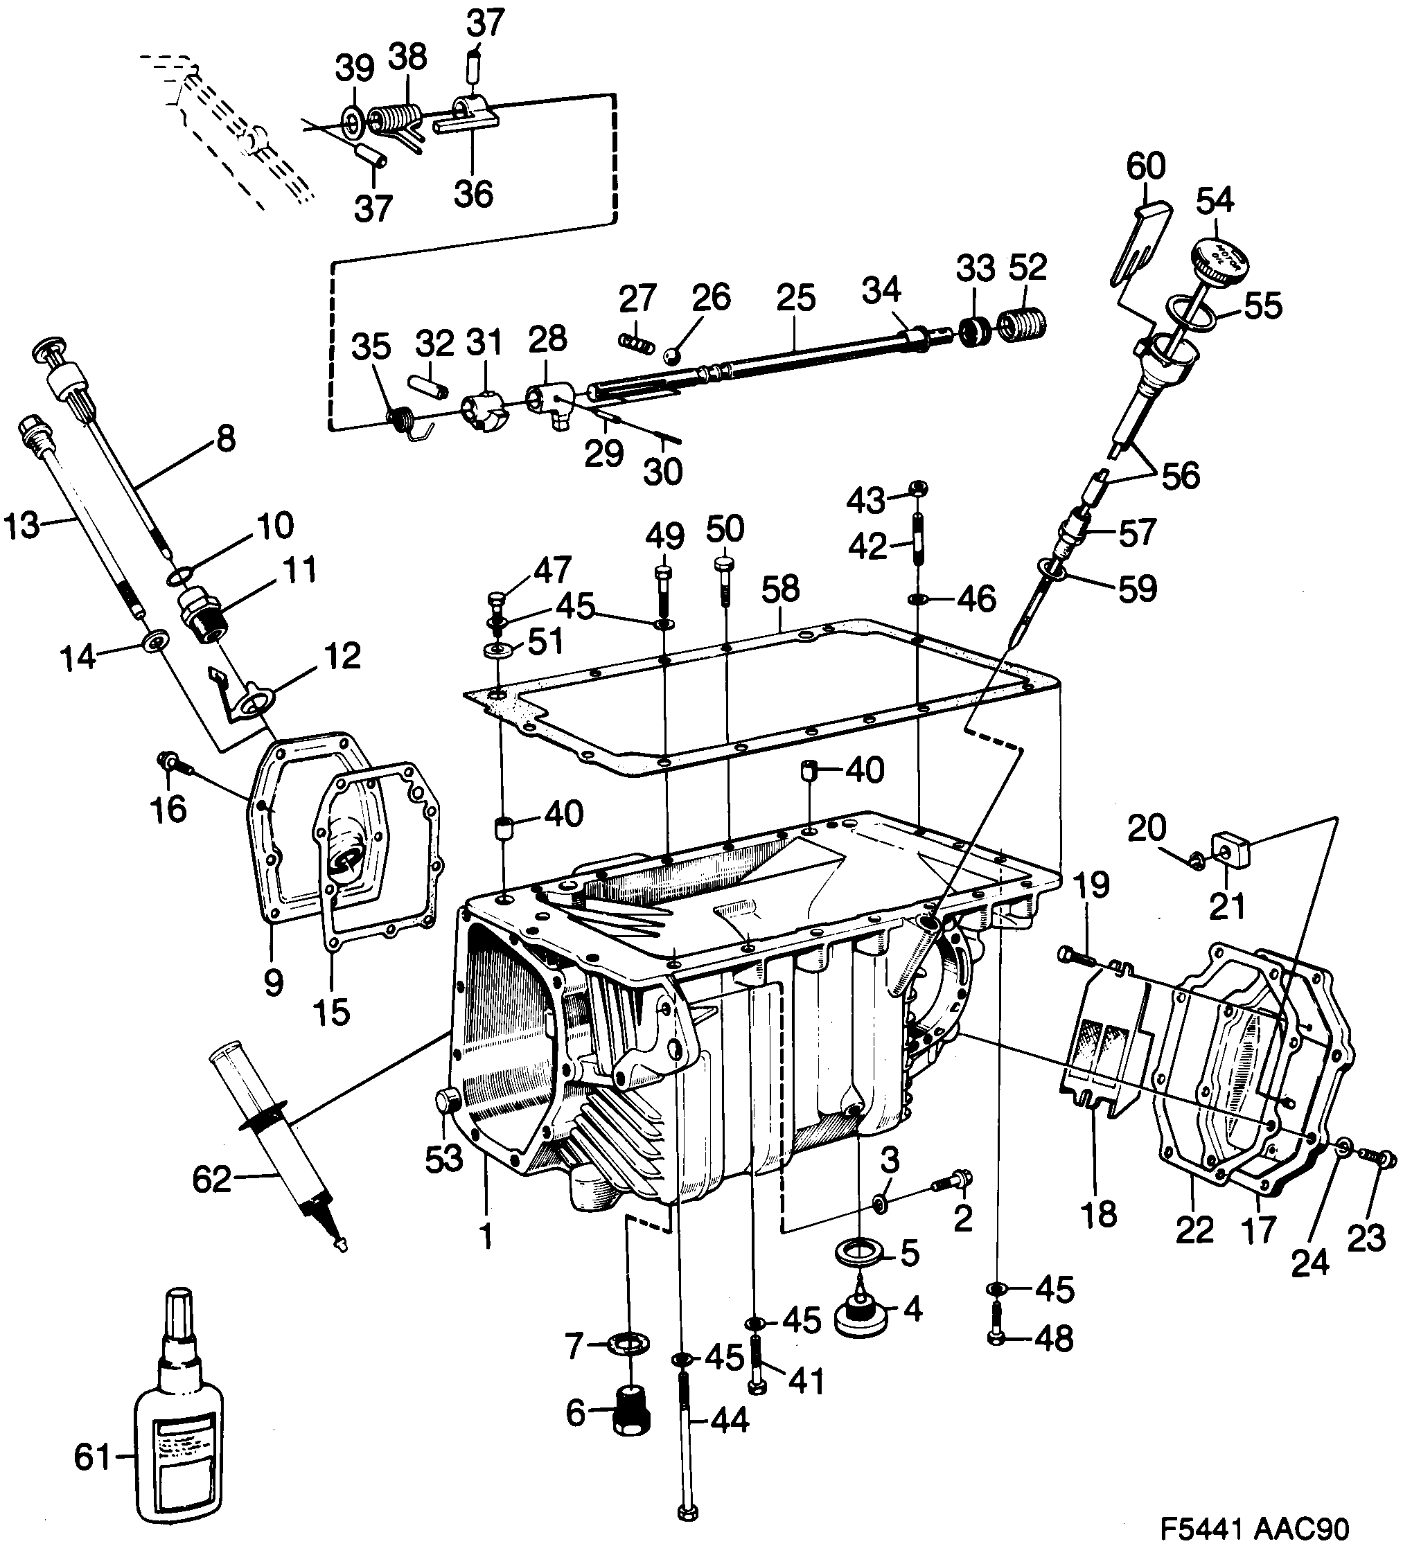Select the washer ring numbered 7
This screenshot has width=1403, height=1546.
(x=628, y=1344)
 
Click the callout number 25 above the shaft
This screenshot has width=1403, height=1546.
(x=795, y=299)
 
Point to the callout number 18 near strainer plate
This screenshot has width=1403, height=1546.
(x=1097, y=1214)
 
